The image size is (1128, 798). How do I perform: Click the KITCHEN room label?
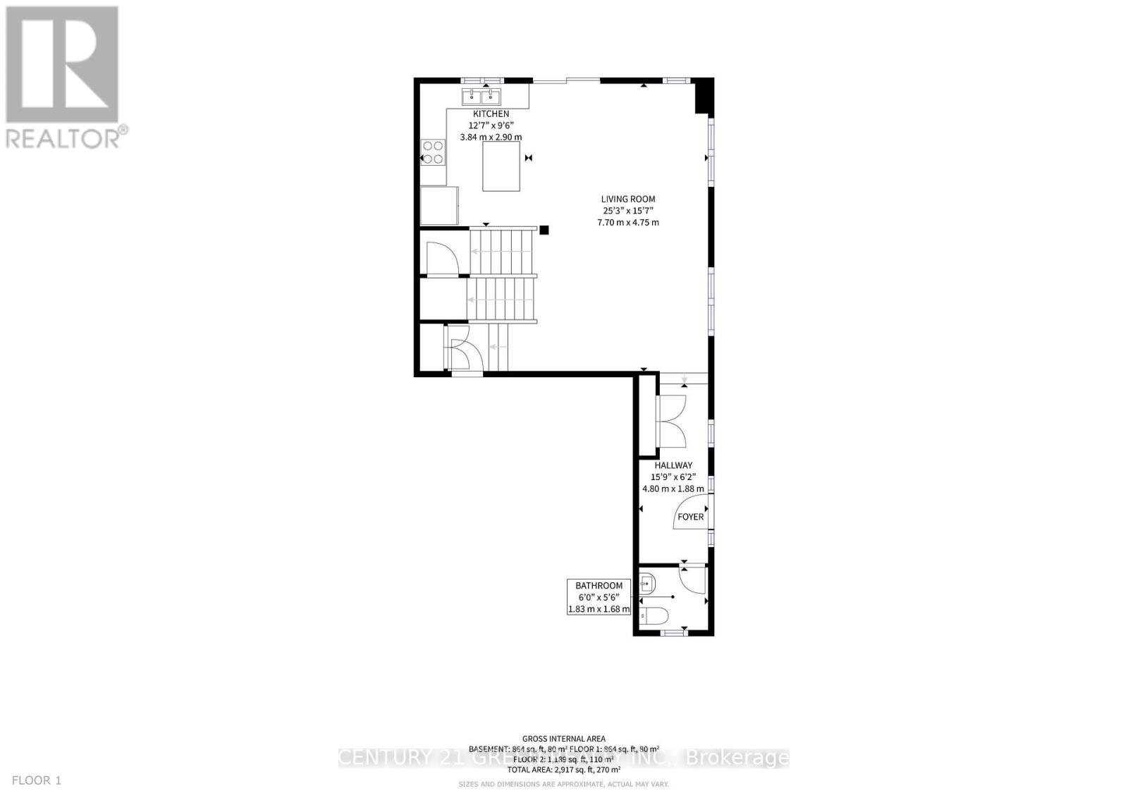pos(491,113)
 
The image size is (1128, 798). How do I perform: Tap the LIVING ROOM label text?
pos(627,199)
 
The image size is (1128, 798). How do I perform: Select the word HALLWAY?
pos(673,465)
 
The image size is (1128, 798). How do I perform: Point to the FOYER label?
pos(690,517)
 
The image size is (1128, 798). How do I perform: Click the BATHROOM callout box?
pos(599,596)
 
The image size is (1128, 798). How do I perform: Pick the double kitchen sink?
pos(482,97)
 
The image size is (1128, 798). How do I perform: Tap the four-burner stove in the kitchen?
pos(433,153)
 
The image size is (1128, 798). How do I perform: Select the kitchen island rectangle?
pos(502,166)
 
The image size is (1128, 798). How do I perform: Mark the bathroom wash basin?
pos(648,583)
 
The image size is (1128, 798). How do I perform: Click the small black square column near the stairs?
pos(544,229)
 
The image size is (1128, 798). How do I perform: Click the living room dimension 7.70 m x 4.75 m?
pos(627,223)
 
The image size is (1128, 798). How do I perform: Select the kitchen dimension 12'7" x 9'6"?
pos(491,125)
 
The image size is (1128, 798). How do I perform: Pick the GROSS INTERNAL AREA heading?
pos(563,739)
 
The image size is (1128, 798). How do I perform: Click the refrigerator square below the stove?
pos(439,206)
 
